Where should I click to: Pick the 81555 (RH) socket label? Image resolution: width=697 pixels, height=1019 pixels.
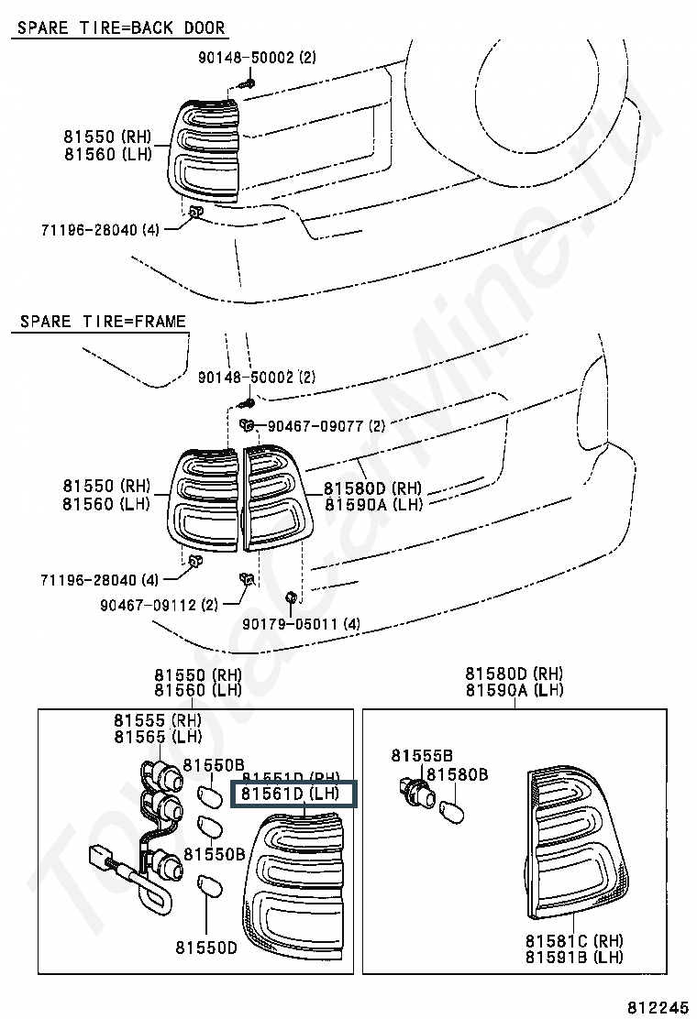coord(157,720)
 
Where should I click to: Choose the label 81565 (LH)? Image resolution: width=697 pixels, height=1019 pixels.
coord(157,737)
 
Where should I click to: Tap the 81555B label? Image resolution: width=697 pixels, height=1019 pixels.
coord(422,756)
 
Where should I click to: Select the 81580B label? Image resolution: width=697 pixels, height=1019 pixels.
coord(457,775)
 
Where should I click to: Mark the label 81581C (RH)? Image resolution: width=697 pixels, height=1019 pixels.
coord(574,941)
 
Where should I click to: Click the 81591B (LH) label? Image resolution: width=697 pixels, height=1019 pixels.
coord(574,958)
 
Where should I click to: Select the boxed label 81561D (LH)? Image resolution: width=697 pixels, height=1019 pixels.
coord(295,794)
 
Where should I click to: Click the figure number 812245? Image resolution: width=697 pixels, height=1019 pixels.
coord(658,1005)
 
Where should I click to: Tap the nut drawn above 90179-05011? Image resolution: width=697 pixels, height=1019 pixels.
coord(291,599)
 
